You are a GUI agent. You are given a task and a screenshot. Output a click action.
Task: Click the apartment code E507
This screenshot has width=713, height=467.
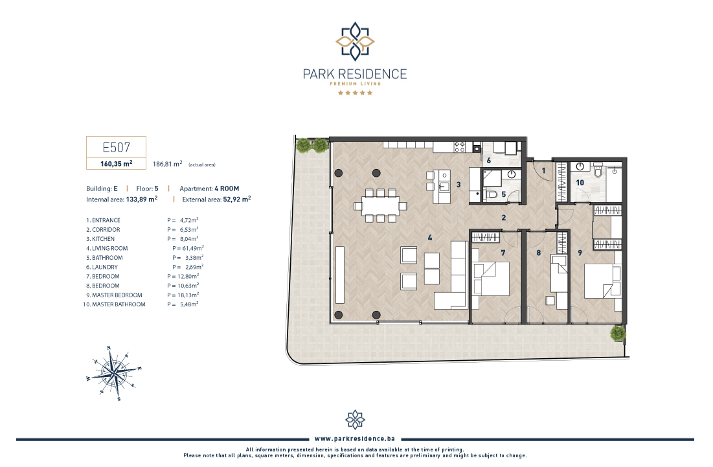(117, 147)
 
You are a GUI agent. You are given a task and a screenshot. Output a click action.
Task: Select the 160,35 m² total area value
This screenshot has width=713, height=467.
(117, 164)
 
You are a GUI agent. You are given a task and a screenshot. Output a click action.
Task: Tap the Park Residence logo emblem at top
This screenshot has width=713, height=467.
(355, 41)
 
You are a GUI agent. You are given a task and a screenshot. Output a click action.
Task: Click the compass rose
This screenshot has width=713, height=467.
(114, 373)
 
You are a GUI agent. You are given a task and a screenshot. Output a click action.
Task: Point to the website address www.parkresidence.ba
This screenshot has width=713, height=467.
(355, 439)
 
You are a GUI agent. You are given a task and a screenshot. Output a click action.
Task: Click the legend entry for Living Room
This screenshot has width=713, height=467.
(107, 248)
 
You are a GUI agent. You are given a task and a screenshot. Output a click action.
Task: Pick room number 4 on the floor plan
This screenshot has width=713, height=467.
(430, 237)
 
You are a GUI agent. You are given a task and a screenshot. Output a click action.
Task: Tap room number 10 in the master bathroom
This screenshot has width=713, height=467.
(580, 183)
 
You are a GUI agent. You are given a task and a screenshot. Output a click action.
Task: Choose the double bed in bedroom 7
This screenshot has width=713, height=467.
(491, 279)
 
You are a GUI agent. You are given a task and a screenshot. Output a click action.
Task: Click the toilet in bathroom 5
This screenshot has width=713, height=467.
(492, 194)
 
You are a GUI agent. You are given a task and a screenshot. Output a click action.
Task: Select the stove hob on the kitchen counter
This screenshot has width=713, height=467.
(460, 147)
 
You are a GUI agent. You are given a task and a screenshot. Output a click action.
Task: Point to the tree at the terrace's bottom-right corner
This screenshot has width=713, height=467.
(618, 334)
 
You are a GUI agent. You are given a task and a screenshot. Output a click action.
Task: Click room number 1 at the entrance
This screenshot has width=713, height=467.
(543, 170)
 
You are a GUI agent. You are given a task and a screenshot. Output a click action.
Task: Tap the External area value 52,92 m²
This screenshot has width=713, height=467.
(237, 199)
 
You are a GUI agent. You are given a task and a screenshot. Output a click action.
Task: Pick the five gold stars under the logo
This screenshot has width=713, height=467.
(355, 93)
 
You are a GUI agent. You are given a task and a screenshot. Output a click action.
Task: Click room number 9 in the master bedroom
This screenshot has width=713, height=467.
(580, 253)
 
